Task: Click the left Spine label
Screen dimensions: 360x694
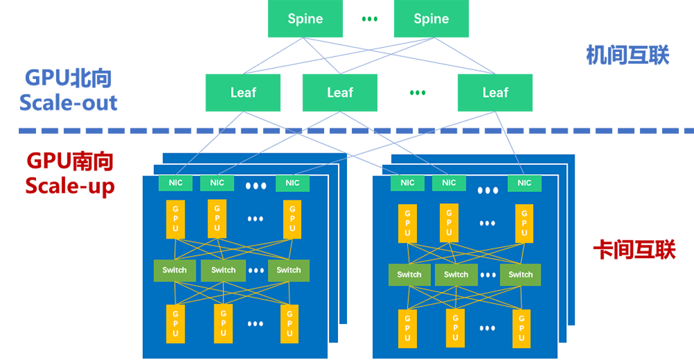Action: click(305, 19)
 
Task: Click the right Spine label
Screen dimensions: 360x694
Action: click(431, 19)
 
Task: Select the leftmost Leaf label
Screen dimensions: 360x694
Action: click(243, 92)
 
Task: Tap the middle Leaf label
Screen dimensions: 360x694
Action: click(340, 92)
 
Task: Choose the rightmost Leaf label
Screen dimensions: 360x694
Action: click(496, 92)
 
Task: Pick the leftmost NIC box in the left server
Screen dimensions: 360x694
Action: click(175, 183)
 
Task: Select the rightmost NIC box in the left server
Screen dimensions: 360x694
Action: click(292, 183)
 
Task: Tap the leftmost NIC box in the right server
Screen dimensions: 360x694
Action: click(407, 183)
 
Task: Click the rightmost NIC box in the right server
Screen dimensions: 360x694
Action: click(525, 183)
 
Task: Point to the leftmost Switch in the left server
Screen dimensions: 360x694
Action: click(174, 270)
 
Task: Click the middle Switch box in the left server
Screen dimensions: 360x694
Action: click(223, 270)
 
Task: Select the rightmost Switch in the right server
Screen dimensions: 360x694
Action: click(520, 275)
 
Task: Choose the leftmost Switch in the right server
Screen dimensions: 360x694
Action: click(409, 275)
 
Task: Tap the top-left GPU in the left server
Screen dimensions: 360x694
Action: click(176, 218)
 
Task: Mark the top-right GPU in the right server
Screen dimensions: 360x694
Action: click(524, 223)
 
